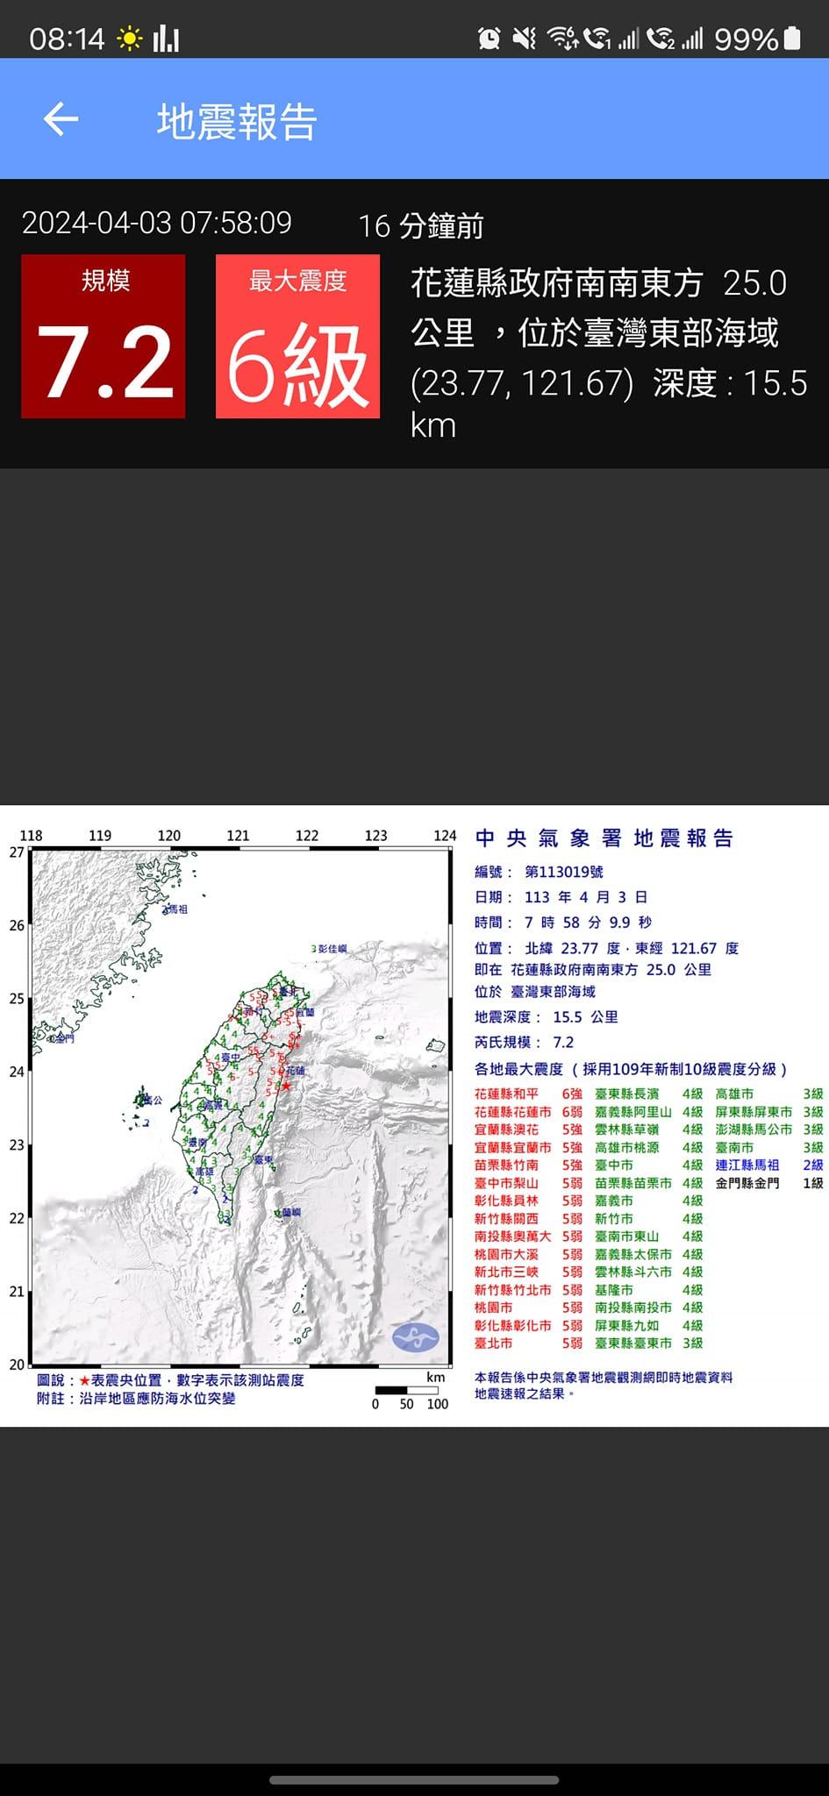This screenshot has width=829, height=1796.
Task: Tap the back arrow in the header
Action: point(61,119)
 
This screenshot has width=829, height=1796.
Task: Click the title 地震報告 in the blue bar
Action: point(237,121)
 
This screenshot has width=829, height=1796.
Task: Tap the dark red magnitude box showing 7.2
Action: point(104,337)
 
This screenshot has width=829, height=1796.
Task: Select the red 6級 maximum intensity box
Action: point(297,337)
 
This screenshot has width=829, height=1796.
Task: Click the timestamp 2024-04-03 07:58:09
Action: point(157,223)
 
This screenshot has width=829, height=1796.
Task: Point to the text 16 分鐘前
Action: point(421,226)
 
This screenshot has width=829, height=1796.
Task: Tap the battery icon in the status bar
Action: point(792,39)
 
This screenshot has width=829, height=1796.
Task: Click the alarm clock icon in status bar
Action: point(489,38)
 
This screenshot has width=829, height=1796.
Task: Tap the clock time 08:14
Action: point(67,39)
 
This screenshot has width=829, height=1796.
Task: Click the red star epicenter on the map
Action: point(285,1085)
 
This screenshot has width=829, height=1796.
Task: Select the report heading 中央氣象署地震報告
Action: point(604,838)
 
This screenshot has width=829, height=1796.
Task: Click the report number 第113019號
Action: point(564,872)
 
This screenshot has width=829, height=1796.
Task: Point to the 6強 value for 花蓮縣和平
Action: point(572,1094)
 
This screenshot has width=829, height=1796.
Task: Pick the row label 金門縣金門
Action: point(747,1183)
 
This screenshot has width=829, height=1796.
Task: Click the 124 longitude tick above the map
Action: point(445,836)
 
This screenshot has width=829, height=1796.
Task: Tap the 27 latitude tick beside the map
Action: point(17,852)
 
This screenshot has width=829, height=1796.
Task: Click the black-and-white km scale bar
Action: point(406,1389)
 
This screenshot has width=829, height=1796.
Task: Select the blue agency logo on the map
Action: point(415,1336)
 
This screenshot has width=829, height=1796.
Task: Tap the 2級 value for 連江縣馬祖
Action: point(813,1165)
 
